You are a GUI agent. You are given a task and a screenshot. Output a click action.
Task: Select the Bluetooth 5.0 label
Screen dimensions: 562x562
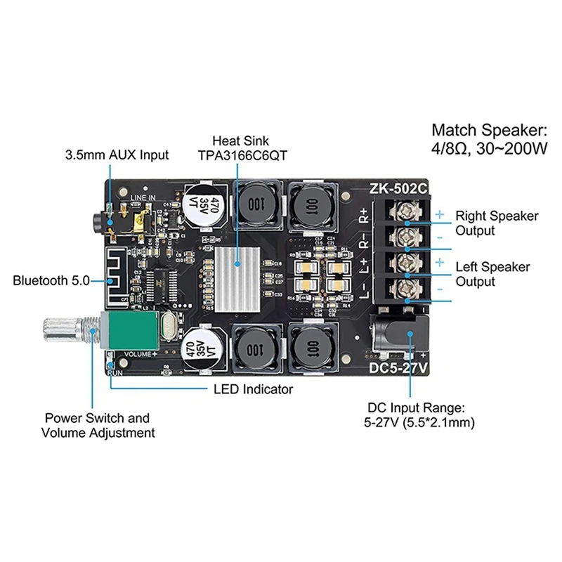(x=51, y=281)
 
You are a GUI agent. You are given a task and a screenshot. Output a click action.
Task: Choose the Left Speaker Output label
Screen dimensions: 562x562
(x=493, y=274)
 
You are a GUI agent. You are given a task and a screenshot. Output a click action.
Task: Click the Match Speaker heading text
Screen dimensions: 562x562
(x=488, y=131)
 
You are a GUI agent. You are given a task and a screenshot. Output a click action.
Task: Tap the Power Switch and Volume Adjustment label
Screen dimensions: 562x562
(x=97, y=425)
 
